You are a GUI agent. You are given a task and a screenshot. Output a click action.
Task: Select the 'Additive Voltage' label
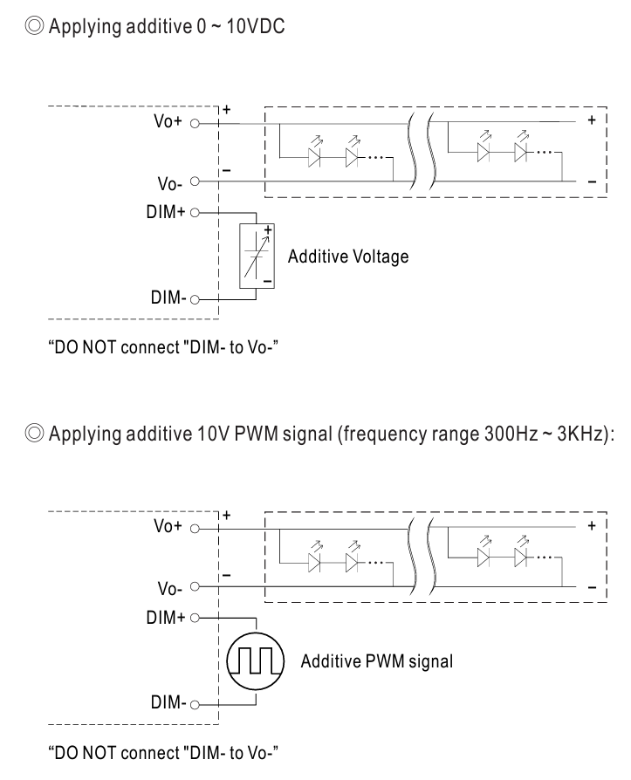(x=348, y=257)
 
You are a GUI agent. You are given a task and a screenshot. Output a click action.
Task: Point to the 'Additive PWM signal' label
(x=377, y=662)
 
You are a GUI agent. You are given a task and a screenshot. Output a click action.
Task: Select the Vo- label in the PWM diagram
(x=167, y=588)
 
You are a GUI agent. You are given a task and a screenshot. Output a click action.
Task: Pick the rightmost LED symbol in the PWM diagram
(x=520, y=558)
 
